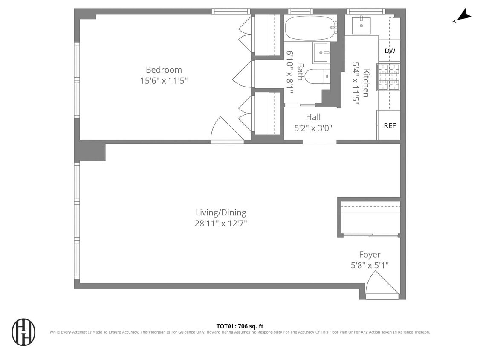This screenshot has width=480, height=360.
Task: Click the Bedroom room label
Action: [x=164, y=70]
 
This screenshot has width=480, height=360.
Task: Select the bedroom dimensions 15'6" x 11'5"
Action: [x=164, y=80]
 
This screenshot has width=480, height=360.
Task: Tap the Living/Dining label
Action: [x=221, y=212]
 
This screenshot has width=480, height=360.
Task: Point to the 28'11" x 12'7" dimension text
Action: [x=221, y=223]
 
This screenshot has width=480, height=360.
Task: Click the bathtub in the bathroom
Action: [x=310, y=28]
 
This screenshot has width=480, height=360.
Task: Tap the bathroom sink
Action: [x=321, y=52]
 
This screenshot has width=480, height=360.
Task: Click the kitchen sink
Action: [x=361, y=26]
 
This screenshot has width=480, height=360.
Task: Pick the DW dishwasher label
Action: [x=390, y=51]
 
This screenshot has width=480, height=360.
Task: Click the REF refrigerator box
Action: [x=390, y=125]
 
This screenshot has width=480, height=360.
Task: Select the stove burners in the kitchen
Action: [x=389, y=77]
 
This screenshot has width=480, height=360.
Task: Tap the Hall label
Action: [x=313, y=117]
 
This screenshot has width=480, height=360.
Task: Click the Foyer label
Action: [x=369, y=255]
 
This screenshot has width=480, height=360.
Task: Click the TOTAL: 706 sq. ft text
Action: [x=240, y=326]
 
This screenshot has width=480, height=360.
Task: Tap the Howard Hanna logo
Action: [x=23, y=332]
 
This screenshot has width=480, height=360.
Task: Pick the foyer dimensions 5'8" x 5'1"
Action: [x=369, y=265]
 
